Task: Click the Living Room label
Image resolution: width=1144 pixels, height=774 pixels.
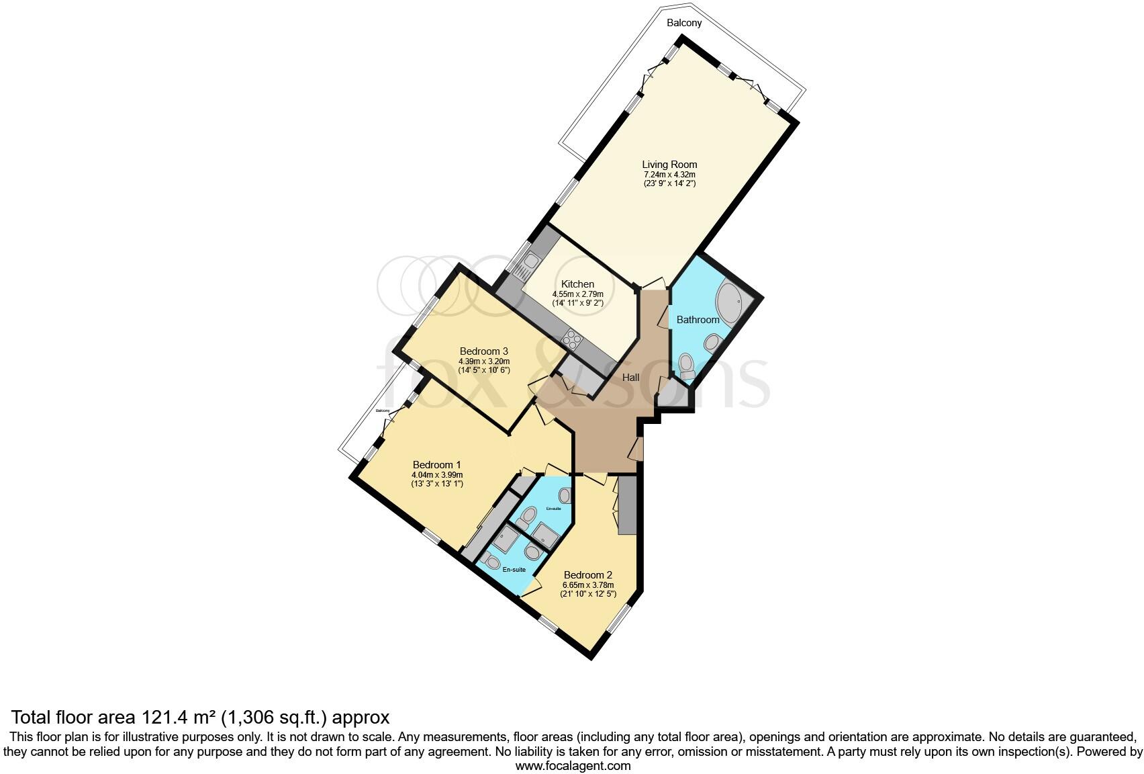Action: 669,165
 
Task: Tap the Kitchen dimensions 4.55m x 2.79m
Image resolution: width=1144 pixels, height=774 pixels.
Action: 577,294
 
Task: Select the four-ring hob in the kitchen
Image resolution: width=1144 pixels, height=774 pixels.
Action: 573,339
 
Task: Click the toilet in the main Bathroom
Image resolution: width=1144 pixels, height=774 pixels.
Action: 686,366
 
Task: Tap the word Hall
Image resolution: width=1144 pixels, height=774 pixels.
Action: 630,378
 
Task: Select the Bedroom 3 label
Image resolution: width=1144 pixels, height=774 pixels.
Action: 483,351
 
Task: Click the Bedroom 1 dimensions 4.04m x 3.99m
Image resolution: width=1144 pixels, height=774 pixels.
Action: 436,474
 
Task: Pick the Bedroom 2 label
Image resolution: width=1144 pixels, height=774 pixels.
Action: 587,575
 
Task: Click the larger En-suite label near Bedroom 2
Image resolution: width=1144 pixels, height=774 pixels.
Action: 514,570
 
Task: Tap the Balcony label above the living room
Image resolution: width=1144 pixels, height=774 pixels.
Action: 683,23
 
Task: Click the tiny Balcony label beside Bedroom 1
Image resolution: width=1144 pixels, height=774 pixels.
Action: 383,411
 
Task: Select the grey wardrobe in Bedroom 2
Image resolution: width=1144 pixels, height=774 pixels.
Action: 626,505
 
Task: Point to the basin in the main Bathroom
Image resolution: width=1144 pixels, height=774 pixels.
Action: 712,344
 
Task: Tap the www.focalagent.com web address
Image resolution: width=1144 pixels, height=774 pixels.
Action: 573,765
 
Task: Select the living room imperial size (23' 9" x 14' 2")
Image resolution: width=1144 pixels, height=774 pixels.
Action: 669,183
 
